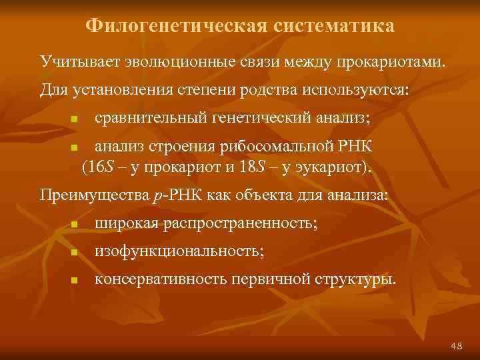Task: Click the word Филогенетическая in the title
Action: coord(176,26)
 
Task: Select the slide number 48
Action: coord(457,345)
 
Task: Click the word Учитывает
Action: coord(75,62)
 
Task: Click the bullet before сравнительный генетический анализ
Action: coord(75,119)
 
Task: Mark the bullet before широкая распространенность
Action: coord(75,225)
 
